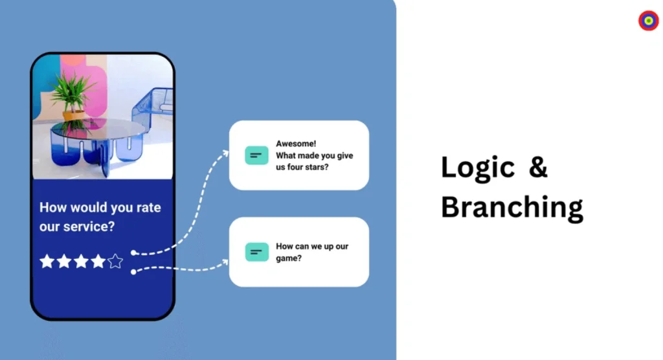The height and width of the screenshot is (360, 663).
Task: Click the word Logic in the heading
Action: pos(478,168)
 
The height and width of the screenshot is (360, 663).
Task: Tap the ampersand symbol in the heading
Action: pos(538,166)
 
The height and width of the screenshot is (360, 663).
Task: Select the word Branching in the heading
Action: pos(512,208)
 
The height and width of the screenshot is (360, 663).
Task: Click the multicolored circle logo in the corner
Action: pos(649,20)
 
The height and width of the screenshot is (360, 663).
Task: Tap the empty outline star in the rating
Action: pos(115,262)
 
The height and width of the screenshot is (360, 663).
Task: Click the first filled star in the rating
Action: pos(47,262)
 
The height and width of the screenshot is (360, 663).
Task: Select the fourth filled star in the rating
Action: pos(98,262)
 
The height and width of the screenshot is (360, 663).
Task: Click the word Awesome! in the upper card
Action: pos(296,144)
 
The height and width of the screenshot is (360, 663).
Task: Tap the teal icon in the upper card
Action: pos(256,155)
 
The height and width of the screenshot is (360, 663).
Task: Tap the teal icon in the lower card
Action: pos(256,252)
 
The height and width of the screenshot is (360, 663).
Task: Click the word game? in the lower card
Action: pos(289,258)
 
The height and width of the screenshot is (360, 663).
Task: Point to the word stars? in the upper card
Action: pos(316,167)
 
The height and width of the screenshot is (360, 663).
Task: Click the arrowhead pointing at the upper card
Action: pos(224,154)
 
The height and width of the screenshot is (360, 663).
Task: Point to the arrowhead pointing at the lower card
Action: pos(224,263)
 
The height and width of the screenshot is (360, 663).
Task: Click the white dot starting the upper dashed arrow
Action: pos(133,253)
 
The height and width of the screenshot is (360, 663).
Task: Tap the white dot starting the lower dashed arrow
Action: pos(133,271)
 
